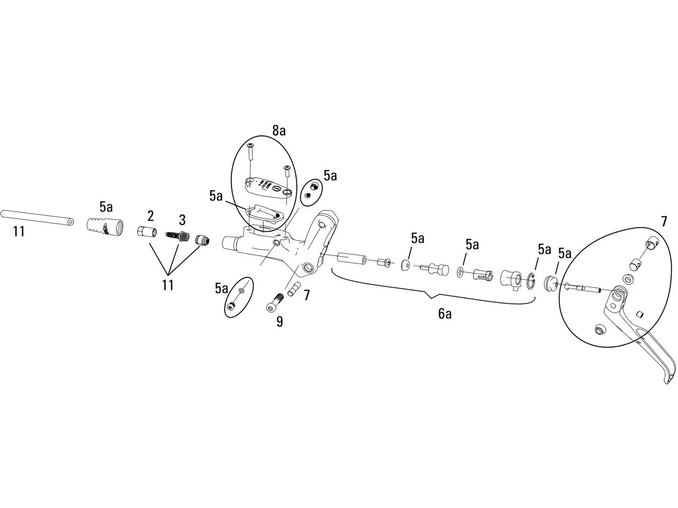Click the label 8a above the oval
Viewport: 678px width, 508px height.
click(x=279, y=129)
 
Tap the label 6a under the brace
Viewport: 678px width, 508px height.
click(x=445, y=313)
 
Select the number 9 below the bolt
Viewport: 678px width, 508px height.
click(x=279, y=321)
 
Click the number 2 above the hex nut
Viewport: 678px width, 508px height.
click(x=150, y=215)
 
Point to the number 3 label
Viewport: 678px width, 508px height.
click(x=182, y=220)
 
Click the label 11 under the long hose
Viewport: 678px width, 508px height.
click(x=19, y=231)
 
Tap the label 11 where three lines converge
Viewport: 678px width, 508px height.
click(x=167, y=285)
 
